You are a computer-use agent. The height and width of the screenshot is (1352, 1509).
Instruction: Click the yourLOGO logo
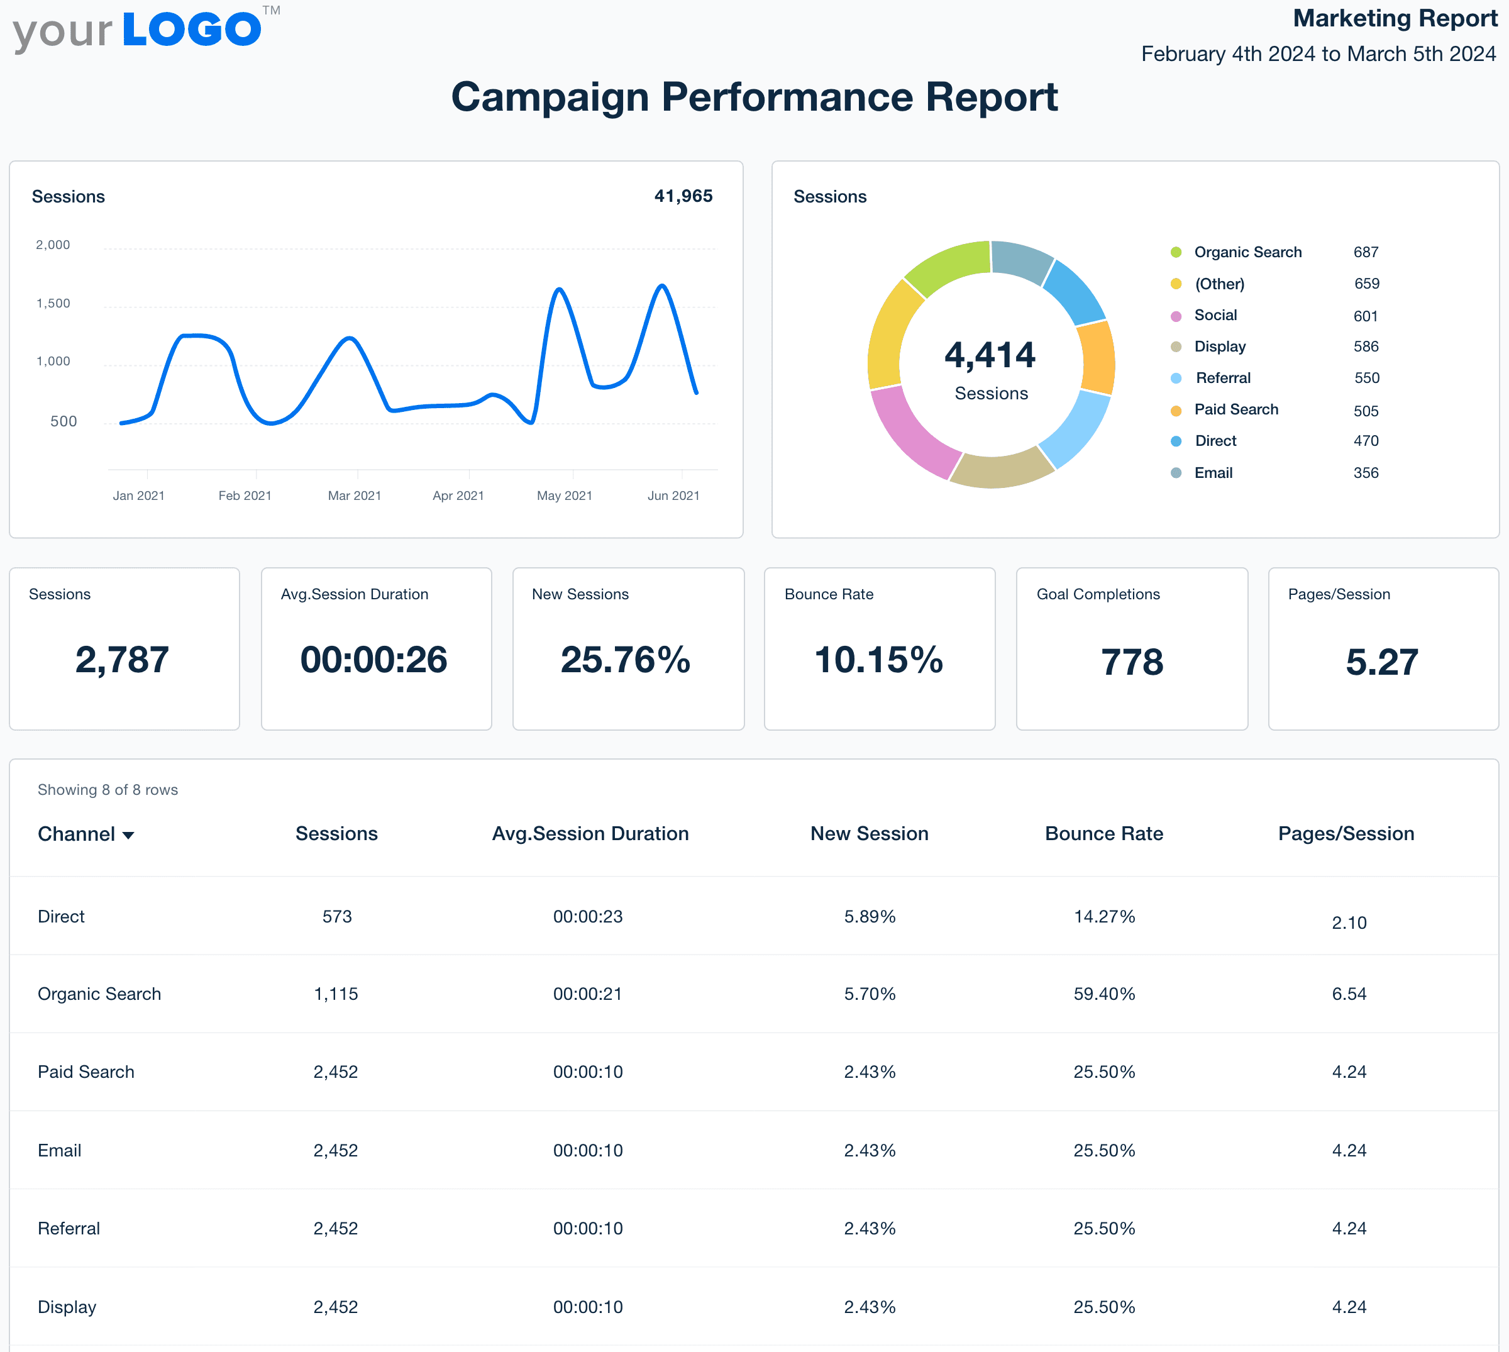pyautogui.click(x=145, y=31)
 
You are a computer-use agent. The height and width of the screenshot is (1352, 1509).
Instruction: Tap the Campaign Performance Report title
pyautogui.click(x=754, y=97)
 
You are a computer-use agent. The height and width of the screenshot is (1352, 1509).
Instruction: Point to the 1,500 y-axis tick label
pyautogui.click(x=53, y=303)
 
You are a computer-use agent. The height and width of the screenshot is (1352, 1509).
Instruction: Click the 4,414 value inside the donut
pyautogui.click(x=989, y=355)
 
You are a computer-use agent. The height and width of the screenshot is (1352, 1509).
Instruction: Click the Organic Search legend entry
pyautogui.click(x=1247, y=252)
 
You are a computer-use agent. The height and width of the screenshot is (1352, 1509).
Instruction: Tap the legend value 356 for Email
pyautogui.click(x=1365, y=473)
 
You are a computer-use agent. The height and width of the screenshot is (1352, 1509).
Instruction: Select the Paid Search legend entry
pyautogui.click(x=1235, y=410)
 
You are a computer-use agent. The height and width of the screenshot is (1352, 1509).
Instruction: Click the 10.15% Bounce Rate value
pyautogui.click(x=878, y=660)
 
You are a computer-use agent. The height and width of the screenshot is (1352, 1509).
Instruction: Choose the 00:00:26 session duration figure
pyautogui.click(x=373, y=660)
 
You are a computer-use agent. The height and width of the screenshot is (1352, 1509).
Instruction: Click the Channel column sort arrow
pyautogui.click(x=128, y=836)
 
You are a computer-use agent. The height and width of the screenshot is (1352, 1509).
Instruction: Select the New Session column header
pyautogui.click(x=869, y=833)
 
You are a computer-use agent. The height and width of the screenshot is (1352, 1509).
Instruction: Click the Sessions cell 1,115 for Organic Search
pyautogui.click(x=336, y=994)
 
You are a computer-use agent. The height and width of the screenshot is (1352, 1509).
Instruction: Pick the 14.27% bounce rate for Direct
pyautogui.click(x=1103, y=917)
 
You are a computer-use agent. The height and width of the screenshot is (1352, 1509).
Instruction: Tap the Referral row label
pyautogui.click(x=69, y=1229)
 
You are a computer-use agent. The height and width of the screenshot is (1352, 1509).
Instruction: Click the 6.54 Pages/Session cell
pyautogui.click(x=1348, y=994)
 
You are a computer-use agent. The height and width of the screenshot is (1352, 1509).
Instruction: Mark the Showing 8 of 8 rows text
pyautogui.click(x=108, y=790)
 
